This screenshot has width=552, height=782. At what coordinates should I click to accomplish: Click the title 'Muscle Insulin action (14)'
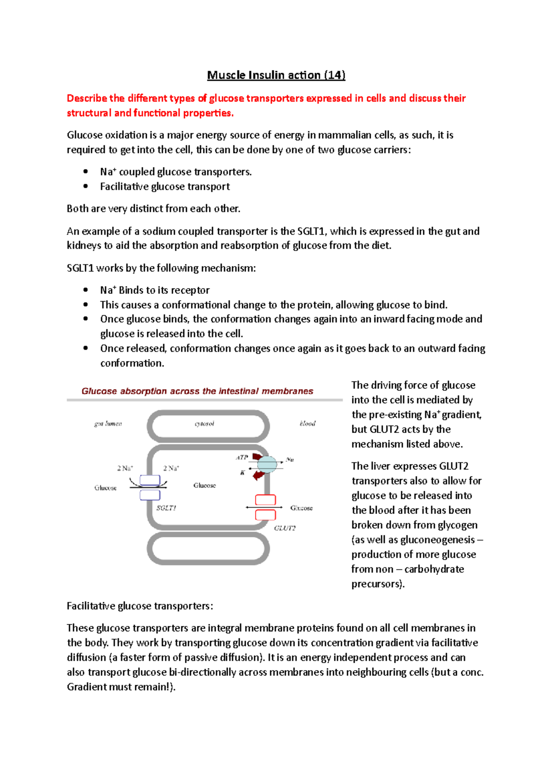(276, 75)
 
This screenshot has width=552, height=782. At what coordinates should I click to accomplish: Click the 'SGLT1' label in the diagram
(166, 508)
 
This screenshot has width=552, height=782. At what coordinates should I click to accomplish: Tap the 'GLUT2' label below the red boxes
(285, 528)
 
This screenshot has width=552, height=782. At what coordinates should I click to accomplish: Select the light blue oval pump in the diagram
(267, 464)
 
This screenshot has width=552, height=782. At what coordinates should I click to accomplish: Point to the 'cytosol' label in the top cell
(204, 424)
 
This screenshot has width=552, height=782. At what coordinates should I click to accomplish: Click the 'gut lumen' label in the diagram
(108, 424)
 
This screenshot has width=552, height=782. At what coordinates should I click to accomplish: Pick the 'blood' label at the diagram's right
(307, 424)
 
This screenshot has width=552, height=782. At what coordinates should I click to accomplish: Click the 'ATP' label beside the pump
(242, 457)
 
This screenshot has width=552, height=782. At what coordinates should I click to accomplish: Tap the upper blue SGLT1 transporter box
(150, 480)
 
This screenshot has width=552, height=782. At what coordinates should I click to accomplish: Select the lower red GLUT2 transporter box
(265, 515)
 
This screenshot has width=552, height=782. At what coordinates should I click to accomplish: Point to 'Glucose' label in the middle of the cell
(204, 485)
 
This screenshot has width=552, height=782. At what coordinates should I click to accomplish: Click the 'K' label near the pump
(242, 473)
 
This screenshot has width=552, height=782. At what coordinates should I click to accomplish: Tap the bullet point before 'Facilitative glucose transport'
(86, 187)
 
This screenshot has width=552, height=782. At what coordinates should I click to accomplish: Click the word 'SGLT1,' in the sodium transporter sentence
(312, 231)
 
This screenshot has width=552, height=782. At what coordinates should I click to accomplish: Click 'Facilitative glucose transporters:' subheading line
(140, 606)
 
